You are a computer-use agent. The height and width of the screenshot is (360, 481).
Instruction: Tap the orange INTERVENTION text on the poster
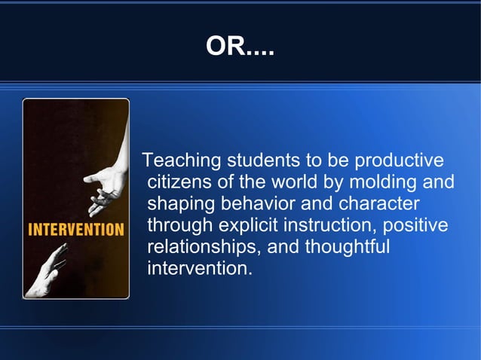(x=76, y=229)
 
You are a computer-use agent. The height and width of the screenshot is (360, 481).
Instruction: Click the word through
(x=179, y=226)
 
